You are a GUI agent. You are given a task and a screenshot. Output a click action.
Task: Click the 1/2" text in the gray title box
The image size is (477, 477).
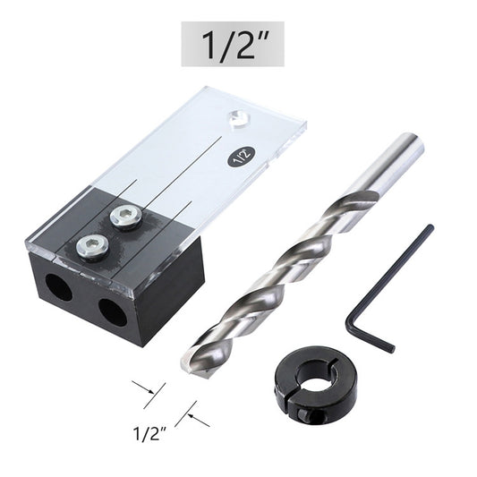[x=233, y=45]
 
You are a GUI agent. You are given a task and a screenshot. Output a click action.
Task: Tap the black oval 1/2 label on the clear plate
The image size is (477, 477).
[x=241, y=155]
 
